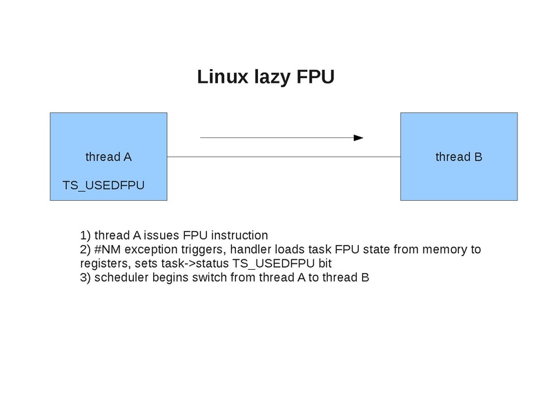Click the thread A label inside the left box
108,157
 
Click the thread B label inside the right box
458,157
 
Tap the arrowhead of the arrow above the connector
358,138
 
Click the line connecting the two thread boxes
283,157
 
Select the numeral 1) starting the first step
86,235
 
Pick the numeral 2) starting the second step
86,249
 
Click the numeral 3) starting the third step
86,278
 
